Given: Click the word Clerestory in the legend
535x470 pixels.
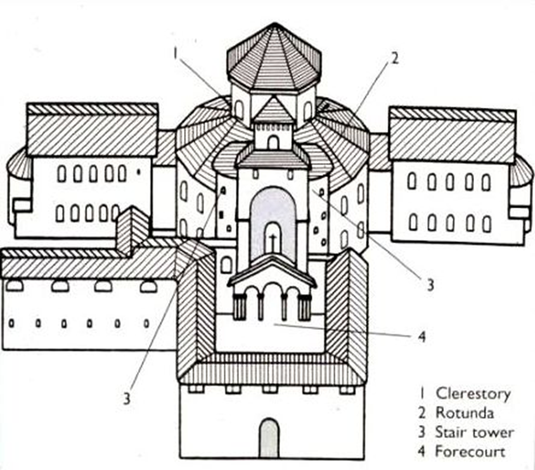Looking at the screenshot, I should pyautogui.click(x=472, y=394).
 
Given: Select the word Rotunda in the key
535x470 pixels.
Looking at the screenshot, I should pyautogui.click(x=461, y=413).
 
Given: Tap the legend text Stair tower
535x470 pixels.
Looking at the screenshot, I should pyautogui.click(x=474, y=433).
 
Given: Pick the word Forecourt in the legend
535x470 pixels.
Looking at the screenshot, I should pyautogui.click(x=468, y=452).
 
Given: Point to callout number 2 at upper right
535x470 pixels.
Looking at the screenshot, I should pyautogui.click(x=394, y=58).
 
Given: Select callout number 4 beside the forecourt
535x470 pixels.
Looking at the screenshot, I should pyautogui.click(x=422, y=336).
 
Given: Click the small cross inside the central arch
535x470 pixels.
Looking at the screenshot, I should pyautogui.click(x=273, y=241).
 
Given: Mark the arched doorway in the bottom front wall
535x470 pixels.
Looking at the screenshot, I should pyautogui.click(x=269, y=436).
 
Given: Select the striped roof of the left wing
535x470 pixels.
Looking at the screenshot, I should pyautogui.click(x=92, y=130).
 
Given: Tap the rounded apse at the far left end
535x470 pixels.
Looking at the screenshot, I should pyautogui.click(x=18, y=190).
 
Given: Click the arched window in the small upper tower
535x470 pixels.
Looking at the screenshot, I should pyautogui.click(x=273, y=142).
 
